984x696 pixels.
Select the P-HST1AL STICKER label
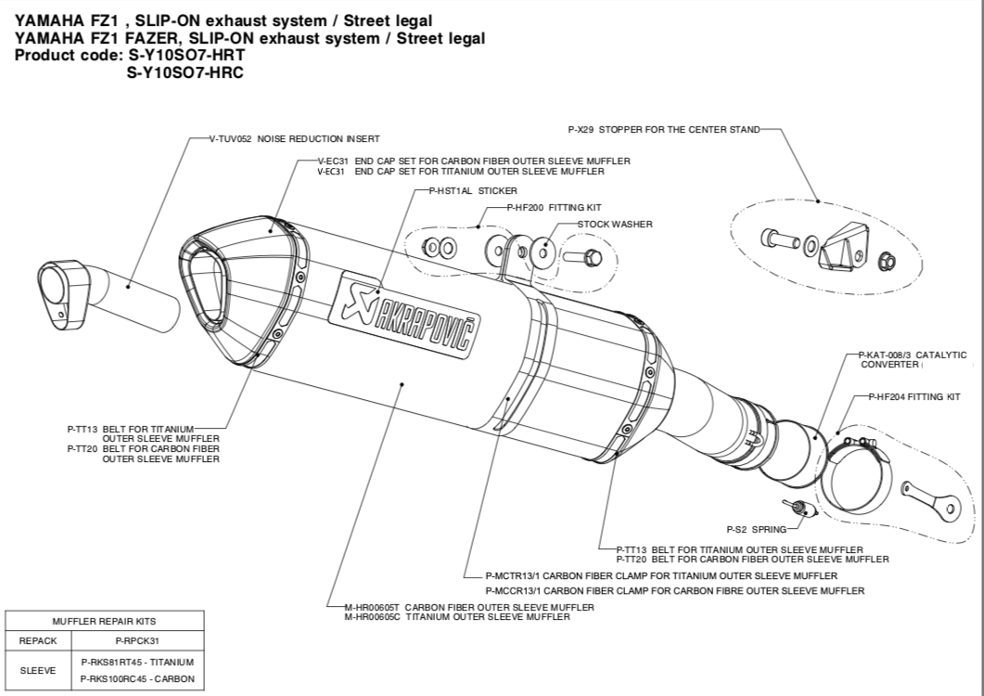460,189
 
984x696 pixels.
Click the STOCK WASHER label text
615,224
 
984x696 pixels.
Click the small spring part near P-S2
797,506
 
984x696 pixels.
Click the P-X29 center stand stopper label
663,129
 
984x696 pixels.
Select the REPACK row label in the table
38,640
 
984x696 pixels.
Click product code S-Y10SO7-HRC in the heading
185,72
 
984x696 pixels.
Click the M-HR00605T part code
371,607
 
